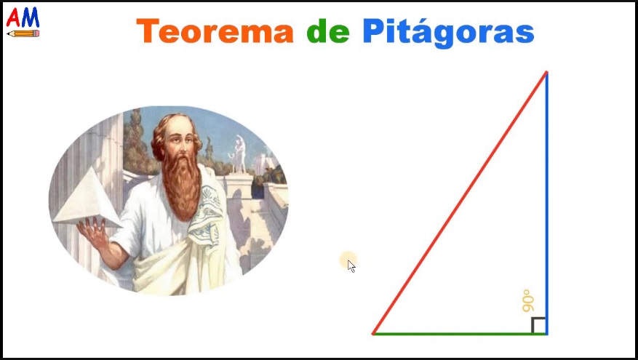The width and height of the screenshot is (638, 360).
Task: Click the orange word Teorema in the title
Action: coord(214,31)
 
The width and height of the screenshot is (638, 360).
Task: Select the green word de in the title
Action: coord(327,31)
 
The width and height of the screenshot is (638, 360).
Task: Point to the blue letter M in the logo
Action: coord(31,17)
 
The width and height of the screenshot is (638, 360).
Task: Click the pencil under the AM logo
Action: coord(23,33)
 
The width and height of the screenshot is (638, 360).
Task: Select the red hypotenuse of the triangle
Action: coord(460,202)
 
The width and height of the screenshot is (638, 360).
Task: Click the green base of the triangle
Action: coord(458,334)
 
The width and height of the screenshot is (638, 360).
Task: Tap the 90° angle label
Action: coord(529,301)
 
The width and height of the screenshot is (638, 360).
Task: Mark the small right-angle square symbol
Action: coord(539,325)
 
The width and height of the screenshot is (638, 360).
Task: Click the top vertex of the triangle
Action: coord(546,72)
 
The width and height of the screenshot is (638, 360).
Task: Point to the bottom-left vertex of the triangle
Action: coord(373,333)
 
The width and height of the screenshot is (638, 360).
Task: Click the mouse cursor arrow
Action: coord(351,265)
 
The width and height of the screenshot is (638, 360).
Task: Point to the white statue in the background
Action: coord(239,153)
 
